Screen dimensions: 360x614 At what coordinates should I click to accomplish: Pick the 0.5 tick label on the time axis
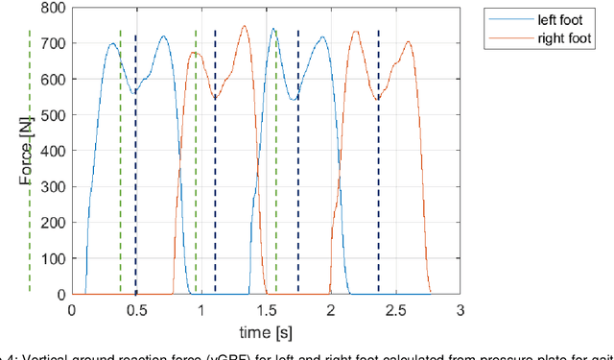coord(136,310)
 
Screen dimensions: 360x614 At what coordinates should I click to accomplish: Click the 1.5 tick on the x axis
coord(266,310)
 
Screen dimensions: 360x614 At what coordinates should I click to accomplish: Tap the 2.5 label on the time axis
coord(395,310)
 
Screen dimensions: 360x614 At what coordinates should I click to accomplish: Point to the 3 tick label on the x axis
coord(460,310)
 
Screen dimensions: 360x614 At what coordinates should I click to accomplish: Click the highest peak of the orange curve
coord(244,26)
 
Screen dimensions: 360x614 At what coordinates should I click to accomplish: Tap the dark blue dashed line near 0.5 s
coord(135,163)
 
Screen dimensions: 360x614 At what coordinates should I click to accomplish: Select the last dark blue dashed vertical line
coord(378,163)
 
